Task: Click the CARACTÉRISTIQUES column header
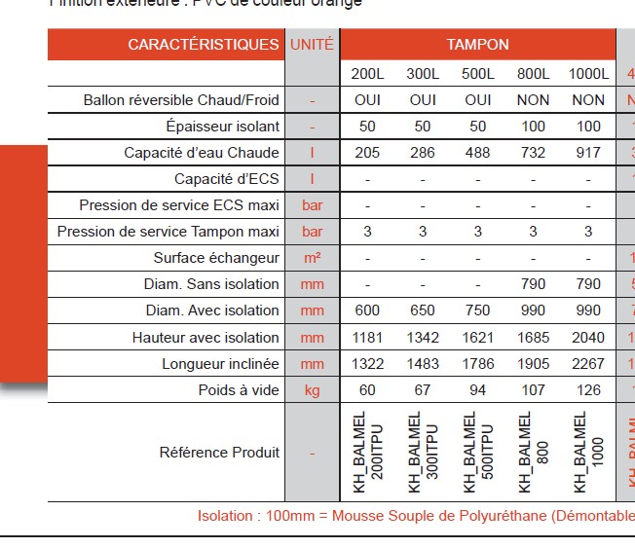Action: click(203, 45)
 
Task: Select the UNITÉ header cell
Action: click(312, 45)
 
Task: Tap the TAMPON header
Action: click(477, 45)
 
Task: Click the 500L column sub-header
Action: click(478, 74)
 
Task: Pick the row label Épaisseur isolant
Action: click(223, 127)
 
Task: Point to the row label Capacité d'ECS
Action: click(227, 179)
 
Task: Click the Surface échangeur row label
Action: click(216, 258)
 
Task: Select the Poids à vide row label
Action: click(227, 390)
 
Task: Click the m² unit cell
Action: click(312, 258)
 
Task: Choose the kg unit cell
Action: click(312, 390)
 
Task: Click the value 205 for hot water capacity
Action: click(367, 153)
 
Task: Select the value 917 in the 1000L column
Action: click(588, 153)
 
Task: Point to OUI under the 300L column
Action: click(423, 100)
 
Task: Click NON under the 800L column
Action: click(533, 100)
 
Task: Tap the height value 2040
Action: click(588, 338)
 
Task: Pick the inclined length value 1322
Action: click(367, 364)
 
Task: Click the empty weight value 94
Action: click(478, 390)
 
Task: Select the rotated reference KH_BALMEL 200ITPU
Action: click(368, 453)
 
